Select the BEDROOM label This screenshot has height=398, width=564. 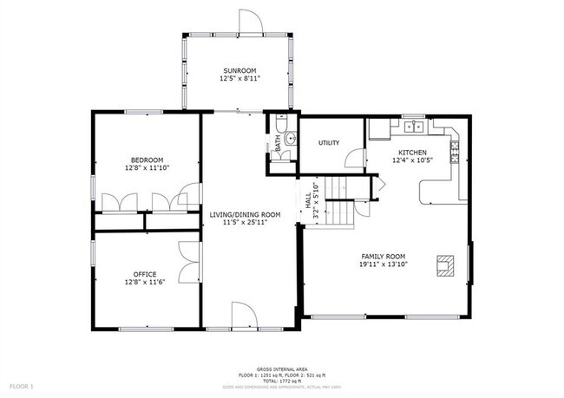147,160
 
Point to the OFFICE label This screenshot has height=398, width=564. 145,274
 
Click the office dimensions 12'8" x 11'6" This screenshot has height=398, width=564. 145,282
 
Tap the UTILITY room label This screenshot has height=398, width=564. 329,143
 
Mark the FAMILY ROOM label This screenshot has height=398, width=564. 384,257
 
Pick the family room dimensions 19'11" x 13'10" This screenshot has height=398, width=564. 384,265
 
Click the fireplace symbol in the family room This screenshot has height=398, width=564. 444,265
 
